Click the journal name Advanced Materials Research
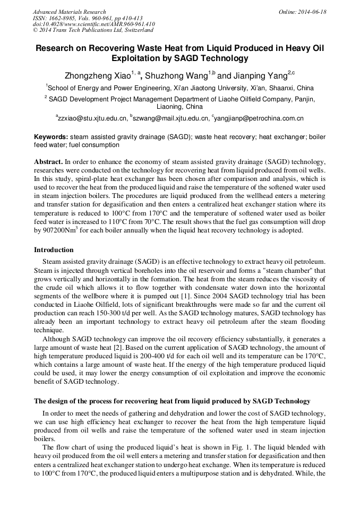coord(70,12)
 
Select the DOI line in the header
coord(93,24)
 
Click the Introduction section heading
coord(54,250)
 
